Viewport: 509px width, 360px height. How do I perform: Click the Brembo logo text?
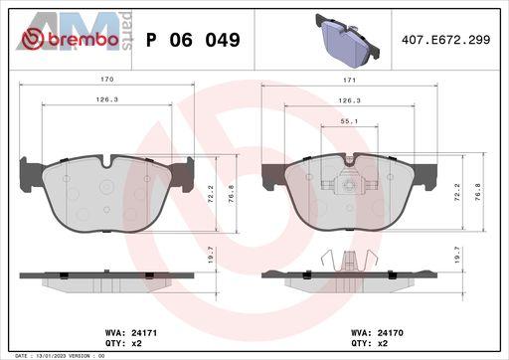[x=84, y=40]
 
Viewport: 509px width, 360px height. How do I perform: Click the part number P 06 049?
[x=193, y=40]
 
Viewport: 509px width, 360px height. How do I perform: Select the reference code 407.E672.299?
[x=445, y=40]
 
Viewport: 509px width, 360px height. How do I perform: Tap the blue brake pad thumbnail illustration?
[x=347, y=41]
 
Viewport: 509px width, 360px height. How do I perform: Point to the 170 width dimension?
[x=107, y=80]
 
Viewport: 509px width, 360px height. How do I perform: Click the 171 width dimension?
[x=349, y=81]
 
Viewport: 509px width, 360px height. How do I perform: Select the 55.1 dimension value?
[x=349, y=121]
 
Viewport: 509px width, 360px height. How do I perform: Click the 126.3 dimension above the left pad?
[x=107, y=99]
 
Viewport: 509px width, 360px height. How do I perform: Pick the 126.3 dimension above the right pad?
[x=349, y=100]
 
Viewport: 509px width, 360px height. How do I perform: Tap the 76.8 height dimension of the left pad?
[x=232, y=194]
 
